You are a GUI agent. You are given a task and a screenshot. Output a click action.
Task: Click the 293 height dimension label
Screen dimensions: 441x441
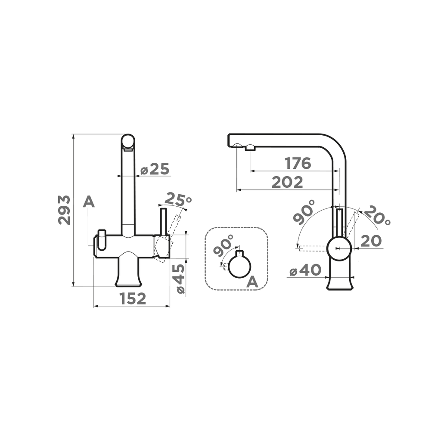[x=65, y=210]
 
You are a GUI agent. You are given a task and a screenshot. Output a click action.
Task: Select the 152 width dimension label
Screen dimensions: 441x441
[x=133, y=298]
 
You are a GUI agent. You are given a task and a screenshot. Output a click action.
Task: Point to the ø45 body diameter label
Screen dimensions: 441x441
[x=180, y=279]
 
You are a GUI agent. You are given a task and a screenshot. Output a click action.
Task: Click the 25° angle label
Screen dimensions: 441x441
[x=178, y=199]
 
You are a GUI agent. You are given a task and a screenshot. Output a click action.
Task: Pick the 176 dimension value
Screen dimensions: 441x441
[x=298, y=163]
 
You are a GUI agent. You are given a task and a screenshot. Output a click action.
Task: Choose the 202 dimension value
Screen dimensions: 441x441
[x=287, y=182]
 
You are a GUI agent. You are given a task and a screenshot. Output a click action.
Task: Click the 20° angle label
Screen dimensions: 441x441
[x=377, y=215]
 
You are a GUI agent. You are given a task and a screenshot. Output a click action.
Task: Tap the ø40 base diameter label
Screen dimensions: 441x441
[x=305, y=270]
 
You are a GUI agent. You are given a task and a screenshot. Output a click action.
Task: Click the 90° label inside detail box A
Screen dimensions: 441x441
[x=223, y=245]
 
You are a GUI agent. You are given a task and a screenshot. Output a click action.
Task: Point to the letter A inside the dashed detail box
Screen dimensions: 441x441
[x=252, y=282]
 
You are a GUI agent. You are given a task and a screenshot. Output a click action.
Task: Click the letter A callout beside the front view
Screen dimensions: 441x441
[x=89, y=202]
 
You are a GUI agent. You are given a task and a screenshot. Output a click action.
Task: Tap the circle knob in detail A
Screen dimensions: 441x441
[x=239, y=267]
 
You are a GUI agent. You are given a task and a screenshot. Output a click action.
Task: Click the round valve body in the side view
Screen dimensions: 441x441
[x=340, y=248]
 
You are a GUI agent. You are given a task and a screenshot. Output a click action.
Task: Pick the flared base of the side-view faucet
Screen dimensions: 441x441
[x=340, y=282]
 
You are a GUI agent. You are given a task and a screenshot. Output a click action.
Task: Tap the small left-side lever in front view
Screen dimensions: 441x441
[x=101, y=239]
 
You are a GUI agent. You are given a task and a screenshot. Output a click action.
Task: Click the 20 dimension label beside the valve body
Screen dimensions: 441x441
[x=371, y=241]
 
